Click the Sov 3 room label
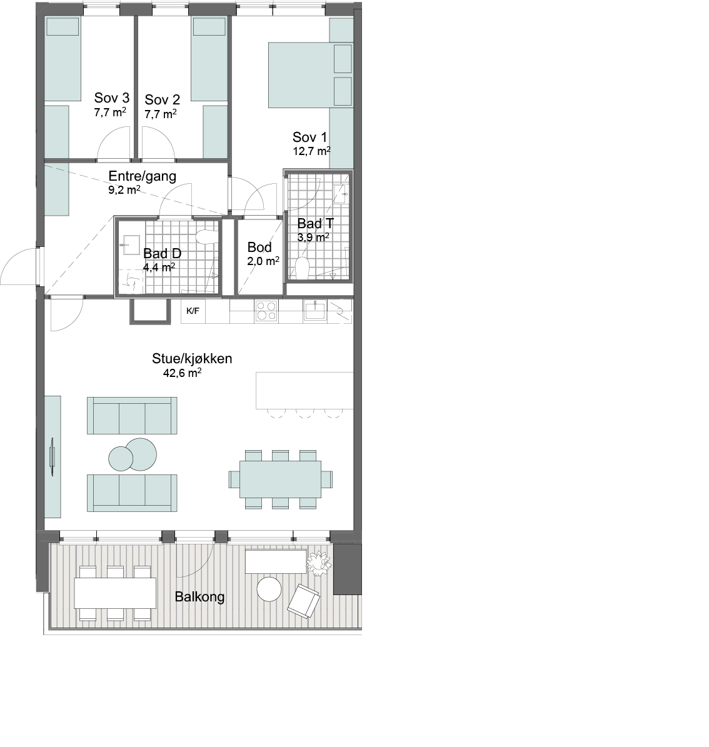tap(111, 98)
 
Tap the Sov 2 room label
tap(162, 99)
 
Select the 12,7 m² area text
tap(311, 151)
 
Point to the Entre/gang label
tap(142, 176)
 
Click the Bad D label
tap(162, 253)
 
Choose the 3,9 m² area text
tap(313, 237)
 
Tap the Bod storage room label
tap(259, 248)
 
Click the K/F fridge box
tap(193, 311)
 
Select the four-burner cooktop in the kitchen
tap(266, 311)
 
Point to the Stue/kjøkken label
tap(191, 358)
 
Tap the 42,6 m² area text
tap(182, 373)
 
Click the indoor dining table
tap(280, 479)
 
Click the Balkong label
tap(199, 597)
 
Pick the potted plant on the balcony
tap(318, 563)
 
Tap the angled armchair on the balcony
tap(303, 601)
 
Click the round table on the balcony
tap(269, 589)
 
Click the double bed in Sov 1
tap(310, 75)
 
